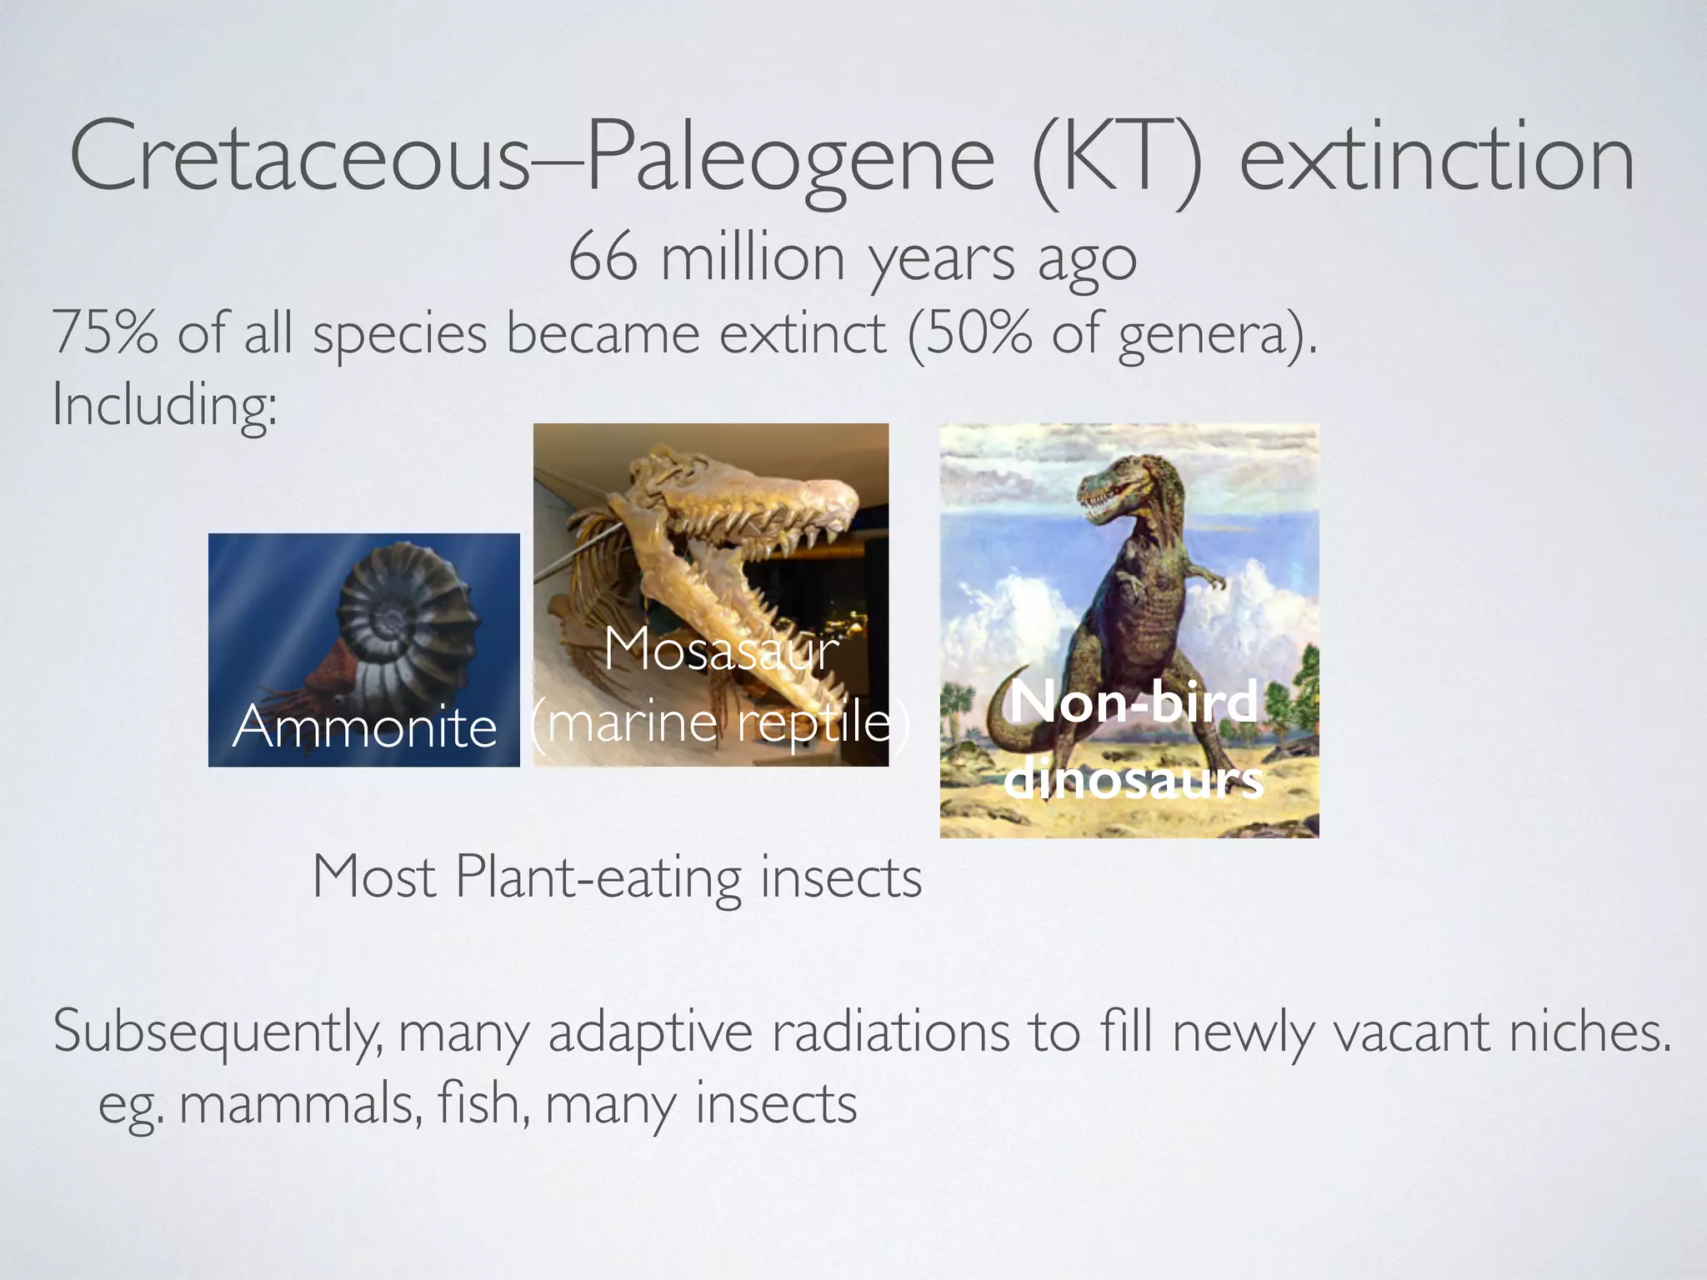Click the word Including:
pyautogui.click(x=164, y=406)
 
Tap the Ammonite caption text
pyautogui.click(x=364, y=727)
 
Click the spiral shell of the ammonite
pyautogui.click(x=400, y=617)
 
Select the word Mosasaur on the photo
pyautogui.click(x=721, y=648)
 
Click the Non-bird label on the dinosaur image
pyautogui.click(x=1134, y=702)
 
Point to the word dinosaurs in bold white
pyautogui.click(x=1134, y=780)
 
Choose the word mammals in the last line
pyautogui.click(x=300, y=1105)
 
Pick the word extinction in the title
pyautogui.click(x=1435, y=158)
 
